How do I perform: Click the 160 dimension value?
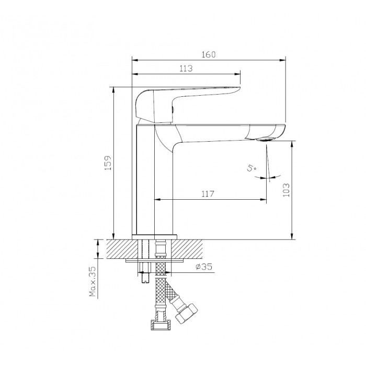click(x=209, y=54)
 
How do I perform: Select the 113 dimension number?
click(x=186, y=68)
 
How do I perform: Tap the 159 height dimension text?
click(x=108, y=163)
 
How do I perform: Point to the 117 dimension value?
click(x=208, y=194)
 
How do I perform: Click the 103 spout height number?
click(x=286, y=190)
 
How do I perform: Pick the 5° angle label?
click(x=251, y=167)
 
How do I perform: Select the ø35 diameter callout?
click(x=204, y=267)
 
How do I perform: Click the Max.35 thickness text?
click(x=93, y=281)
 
